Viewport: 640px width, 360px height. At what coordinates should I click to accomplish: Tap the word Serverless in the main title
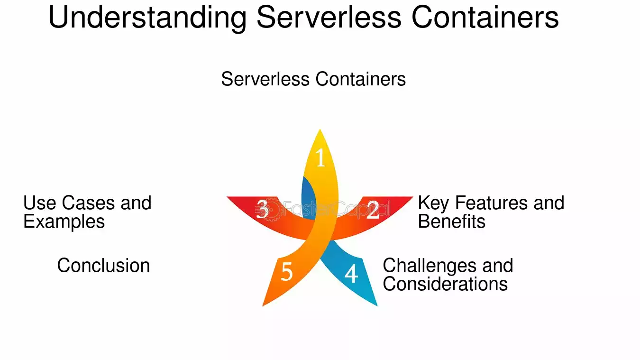pyautogui.click(x=329, y=17)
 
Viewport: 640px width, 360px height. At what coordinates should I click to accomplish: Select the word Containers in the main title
pyautogui.click(x=485, y=17)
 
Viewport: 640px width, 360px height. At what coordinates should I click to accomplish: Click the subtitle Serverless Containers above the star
pyautogui.click(x=313, y=79)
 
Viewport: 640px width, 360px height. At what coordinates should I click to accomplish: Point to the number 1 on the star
pyautogui.click(x=320, y=157)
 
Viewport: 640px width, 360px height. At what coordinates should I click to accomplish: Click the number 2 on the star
pyautogui.click(x=373, y=210)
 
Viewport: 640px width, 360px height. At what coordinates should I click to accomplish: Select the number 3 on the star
pyautogui.click(x=262, y=209)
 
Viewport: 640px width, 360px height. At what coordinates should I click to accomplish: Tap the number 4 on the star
pyautogui.click(x=351, y=274)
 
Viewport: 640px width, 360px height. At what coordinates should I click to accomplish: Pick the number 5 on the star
pyautogui.click(x=287, y=272)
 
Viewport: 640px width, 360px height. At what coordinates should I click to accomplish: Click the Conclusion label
pyautogui.click(x=103, y=265)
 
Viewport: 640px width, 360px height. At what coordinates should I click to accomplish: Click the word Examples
pyautogui.click(x=64, y=222)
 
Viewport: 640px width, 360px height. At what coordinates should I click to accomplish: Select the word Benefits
pyautogui.click(x=451, y=222)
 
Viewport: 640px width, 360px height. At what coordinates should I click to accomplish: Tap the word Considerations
pyautogui.click(x=445, y=284)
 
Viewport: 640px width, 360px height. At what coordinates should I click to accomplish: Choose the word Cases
pyautogui.click(x=89, y=203)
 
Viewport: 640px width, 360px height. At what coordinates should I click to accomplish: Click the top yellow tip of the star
pyautogui.click(x=320, y=130)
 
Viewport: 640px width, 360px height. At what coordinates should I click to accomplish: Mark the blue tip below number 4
pyautogui.click(x=377, y=305)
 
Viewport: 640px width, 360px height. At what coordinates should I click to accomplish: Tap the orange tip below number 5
pyautogui.click(x=263, y=305)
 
